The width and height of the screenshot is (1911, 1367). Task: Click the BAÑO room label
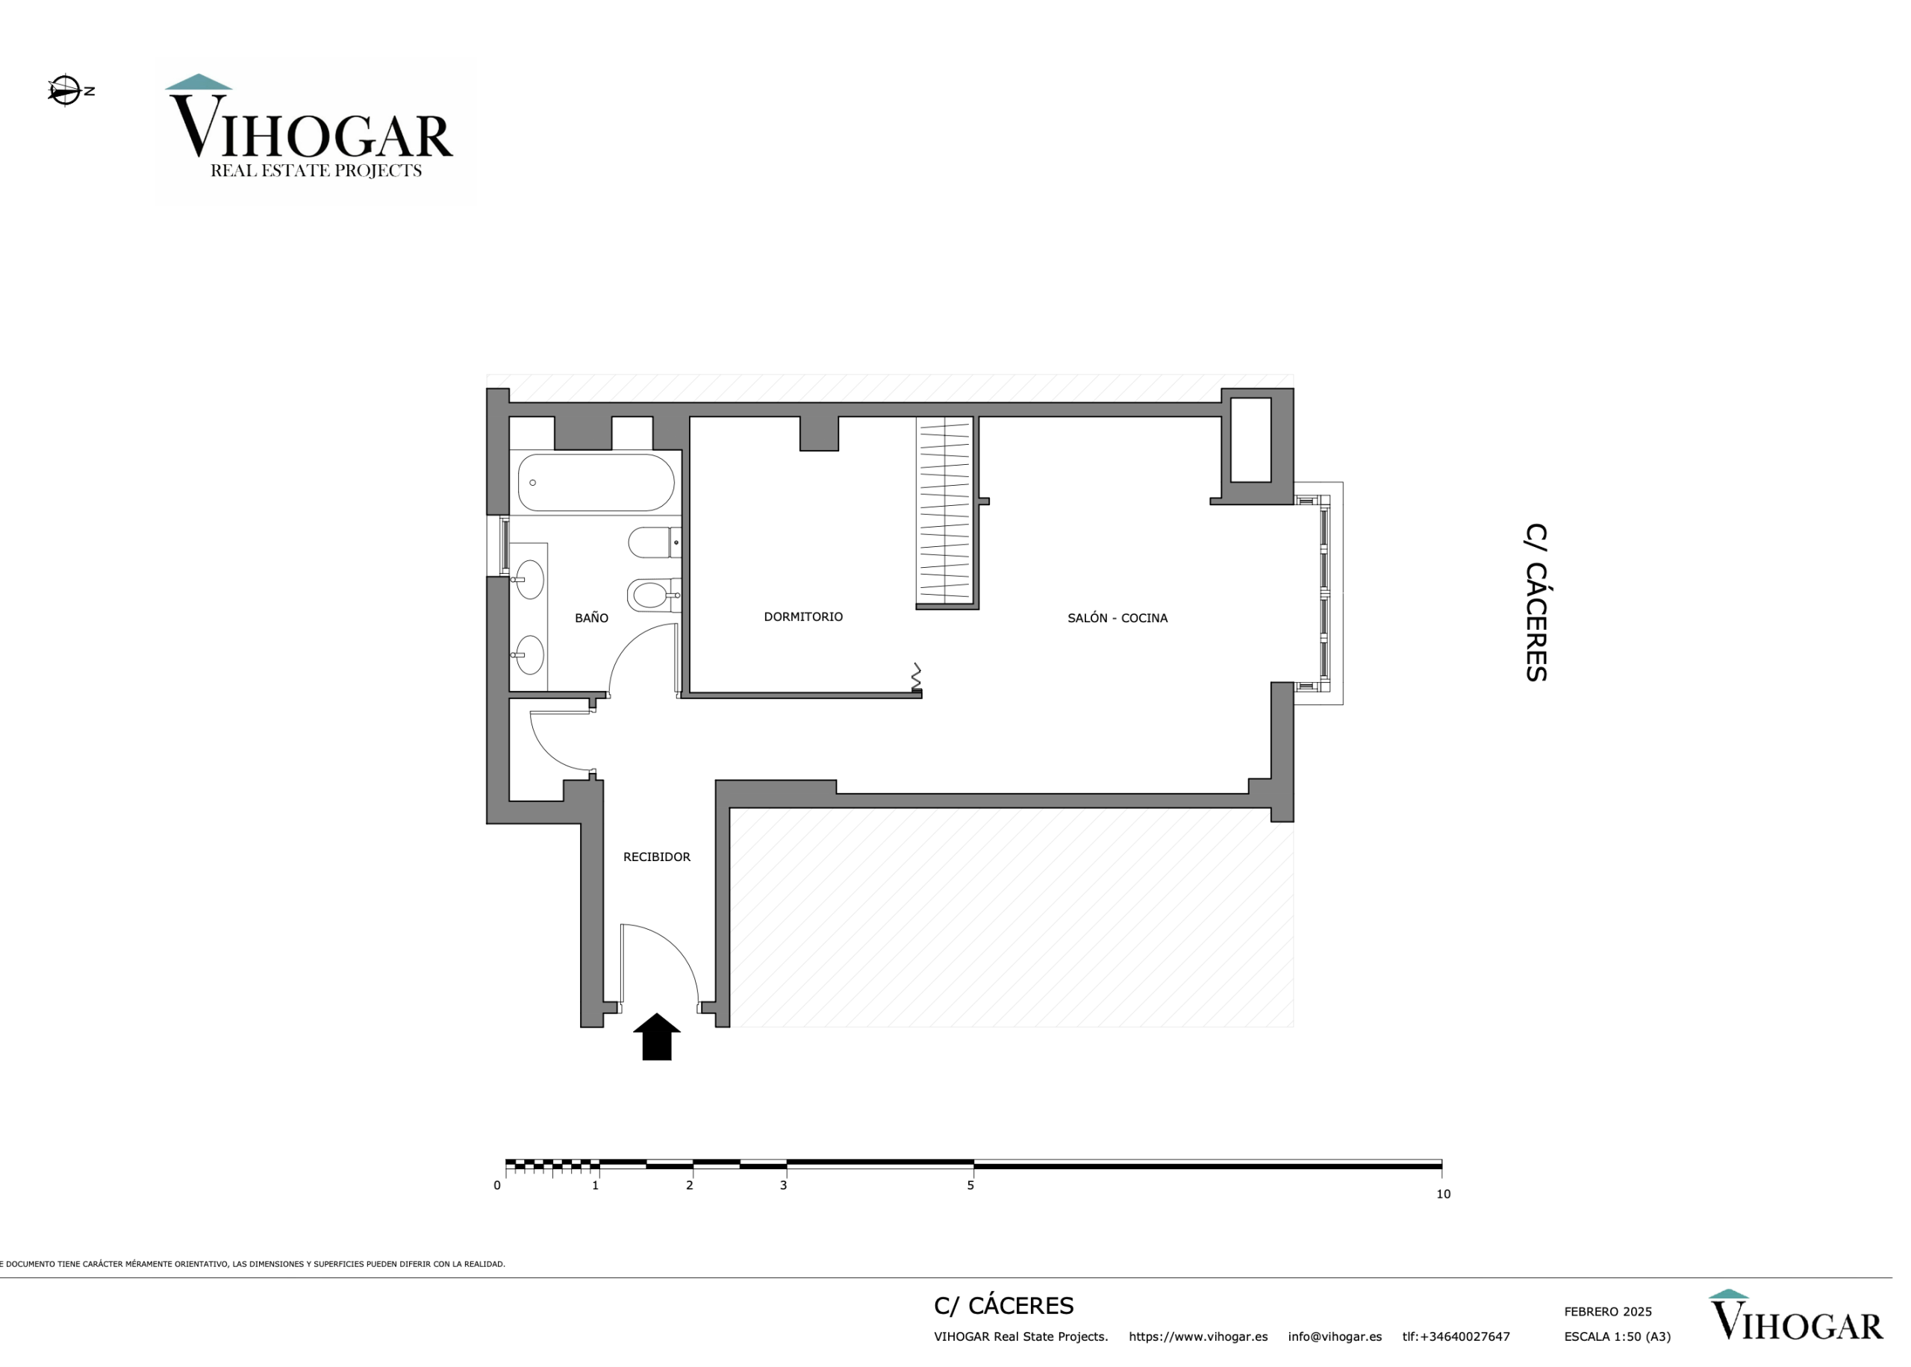591,618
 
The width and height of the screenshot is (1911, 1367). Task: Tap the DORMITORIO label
802,617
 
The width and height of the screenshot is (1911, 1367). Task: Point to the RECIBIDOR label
656,857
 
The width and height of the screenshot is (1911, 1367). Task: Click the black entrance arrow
656,1036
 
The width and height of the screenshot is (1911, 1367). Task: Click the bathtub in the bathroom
595,482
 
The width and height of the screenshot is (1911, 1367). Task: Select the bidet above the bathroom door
653,595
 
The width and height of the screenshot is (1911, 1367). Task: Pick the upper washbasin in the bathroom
529,580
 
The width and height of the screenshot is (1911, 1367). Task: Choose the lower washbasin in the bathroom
529,655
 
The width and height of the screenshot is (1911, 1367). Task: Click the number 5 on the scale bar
970,1185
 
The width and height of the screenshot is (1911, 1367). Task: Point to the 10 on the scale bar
1443,1194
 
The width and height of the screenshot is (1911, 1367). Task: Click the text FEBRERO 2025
1607,1312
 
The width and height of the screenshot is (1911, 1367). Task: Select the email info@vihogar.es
1334,1336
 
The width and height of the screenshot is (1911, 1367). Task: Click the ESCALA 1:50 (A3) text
1616,1336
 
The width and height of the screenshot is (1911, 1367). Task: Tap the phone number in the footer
1456,1336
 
